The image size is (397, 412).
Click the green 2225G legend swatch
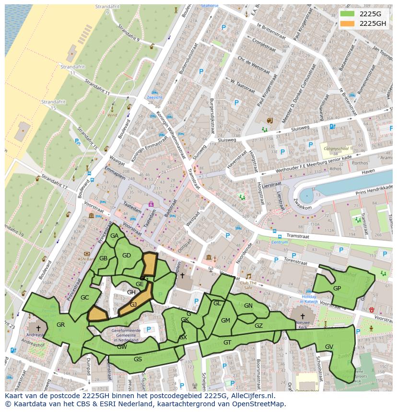348,14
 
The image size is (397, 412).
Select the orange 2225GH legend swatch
348,23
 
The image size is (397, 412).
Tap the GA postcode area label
114,236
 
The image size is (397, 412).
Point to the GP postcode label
337,289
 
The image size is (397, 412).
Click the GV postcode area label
329,346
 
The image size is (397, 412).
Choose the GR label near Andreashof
60,325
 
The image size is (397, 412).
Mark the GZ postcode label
258,326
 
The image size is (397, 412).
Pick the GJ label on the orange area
133,305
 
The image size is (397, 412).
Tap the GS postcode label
138,359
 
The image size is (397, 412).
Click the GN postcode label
248,306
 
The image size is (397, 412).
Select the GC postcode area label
85,298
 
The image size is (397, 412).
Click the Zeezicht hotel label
154,97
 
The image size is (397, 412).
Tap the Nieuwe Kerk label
302,327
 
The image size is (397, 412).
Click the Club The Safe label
249,285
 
